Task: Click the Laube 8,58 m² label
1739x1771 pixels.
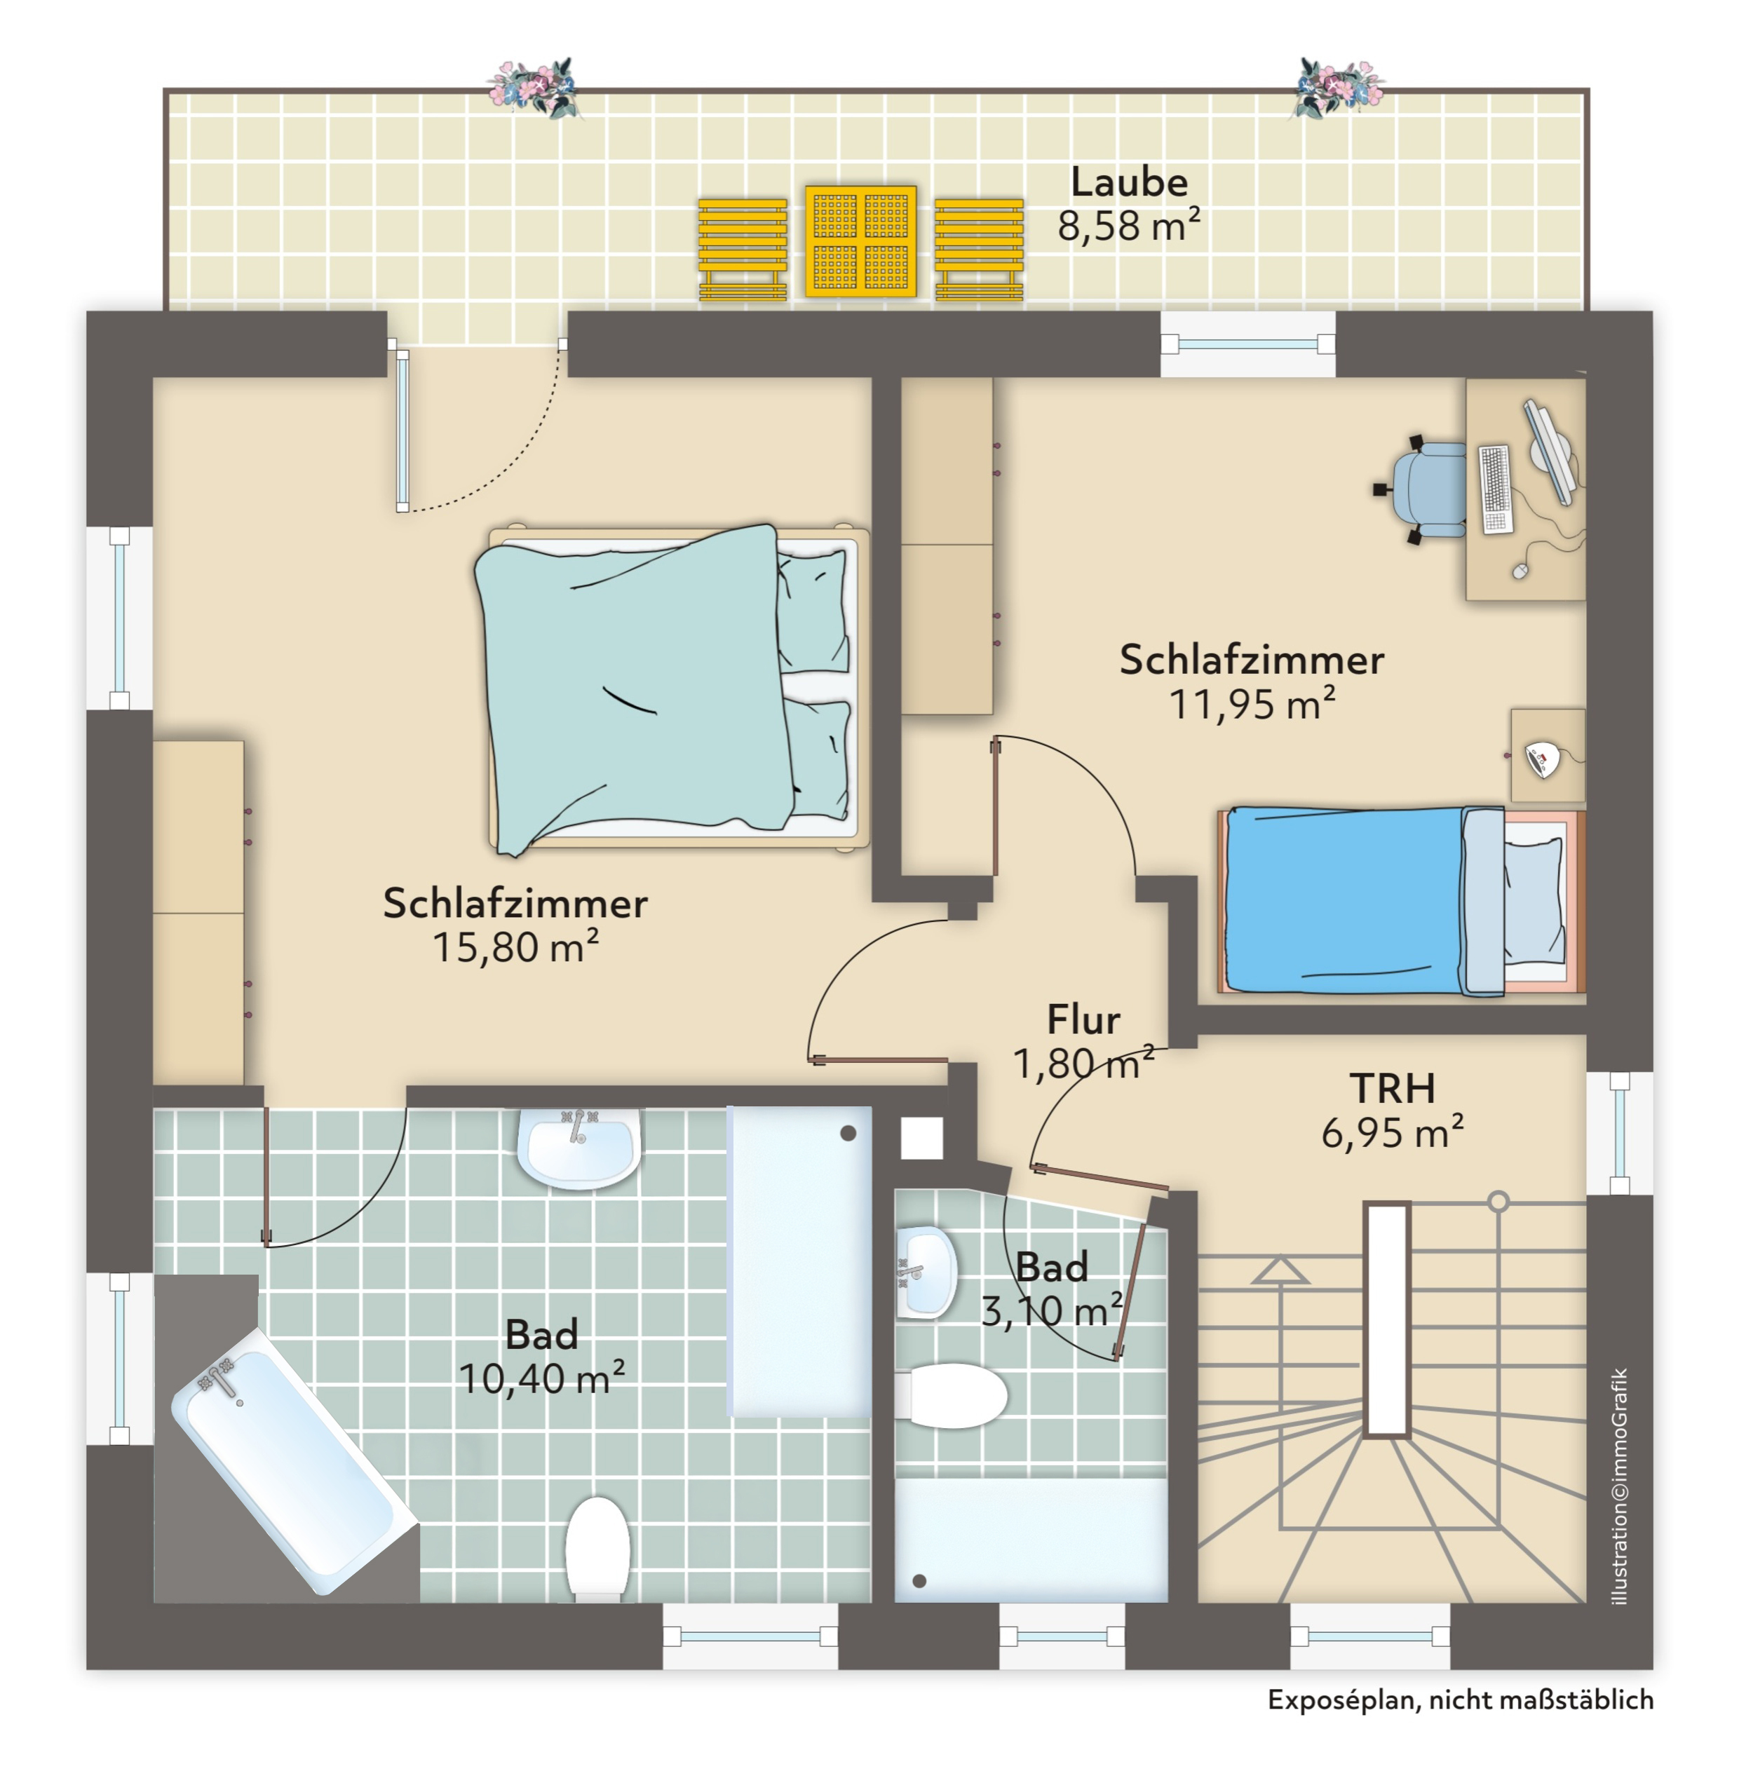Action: click(x=1129, y=204)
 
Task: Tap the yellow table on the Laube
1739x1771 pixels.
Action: click(x=860, y=241)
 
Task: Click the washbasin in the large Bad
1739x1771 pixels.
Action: click(x=578, y=1148)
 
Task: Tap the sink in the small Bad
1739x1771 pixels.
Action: click(x=925, y=1273)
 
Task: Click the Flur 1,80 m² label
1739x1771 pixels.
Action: click(x=1083, y=1041)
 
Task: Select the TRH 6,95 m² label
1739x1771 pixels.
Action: click(x=1392, y=1110)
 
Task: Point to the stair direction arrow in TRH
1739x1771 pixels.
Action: click(x=1280, y=1270)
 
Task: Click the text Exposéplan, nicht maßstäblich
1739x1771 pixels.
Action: click(x=1459, y=1699)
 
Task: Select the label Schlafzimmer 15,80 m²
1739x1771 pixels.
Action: click(x=515, y=924)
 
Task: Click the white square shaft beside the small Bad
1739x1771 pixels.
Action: click(x=921, y=1138)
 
